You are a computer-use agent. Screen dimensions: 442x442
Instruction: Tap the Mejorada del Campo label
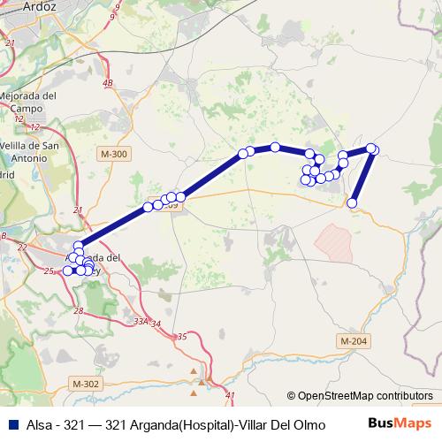[x=27, y=102]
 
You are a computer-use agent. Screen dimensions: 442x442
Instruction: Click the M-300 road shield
[x=114, y=155]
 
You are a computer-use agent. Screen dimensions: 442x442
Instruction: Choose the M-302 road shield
[x=87, y=384]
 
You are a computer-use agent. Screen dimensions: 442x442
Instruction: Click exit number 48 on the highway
[x=108, y=83]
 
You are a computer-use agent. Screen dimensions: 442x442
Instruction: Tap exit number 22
[x=19, y=248]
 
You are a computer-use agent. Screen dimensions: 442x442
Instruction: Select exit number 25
[x=49, y=271]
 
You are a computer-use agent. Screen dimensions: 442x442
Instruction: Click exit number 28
[x=79, y=310]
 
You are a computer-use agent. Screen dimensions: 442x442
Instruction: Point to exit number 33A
[x=141, y=321]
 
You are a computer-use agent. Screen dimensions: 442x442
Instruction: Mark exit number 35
[x=182, y=337]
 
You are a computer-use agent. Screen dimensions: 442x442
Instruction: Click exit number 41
[x=232, y=395]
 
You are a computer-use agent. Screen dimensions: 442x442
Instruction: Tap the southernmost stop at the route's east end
[x=352, y=203]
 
